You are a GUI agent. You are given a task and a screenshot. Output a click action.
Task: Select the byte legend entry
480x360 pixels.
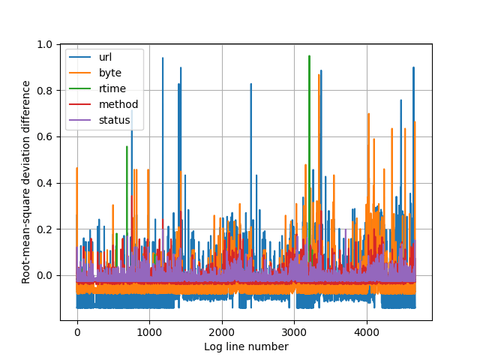(x=109, y=73)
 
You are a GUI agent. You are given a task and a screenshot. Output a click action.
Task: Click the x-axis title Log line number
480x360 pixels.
(x=246, y=346)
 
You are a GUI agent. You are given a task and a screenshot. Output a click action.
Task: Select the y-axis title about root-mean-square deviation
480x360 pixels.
(x=26, y=182)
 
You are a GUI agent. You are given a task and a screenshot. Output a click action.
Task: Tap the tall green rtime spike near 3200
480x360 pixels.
(x=309, y=57)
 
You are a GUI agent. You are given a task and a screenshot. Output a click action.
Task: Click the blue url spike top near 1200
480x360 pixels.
(x=163, y=58)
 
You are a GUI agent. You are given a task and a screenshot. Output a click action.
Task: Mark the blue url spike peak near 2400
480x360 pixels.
(x=251, y=84)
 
